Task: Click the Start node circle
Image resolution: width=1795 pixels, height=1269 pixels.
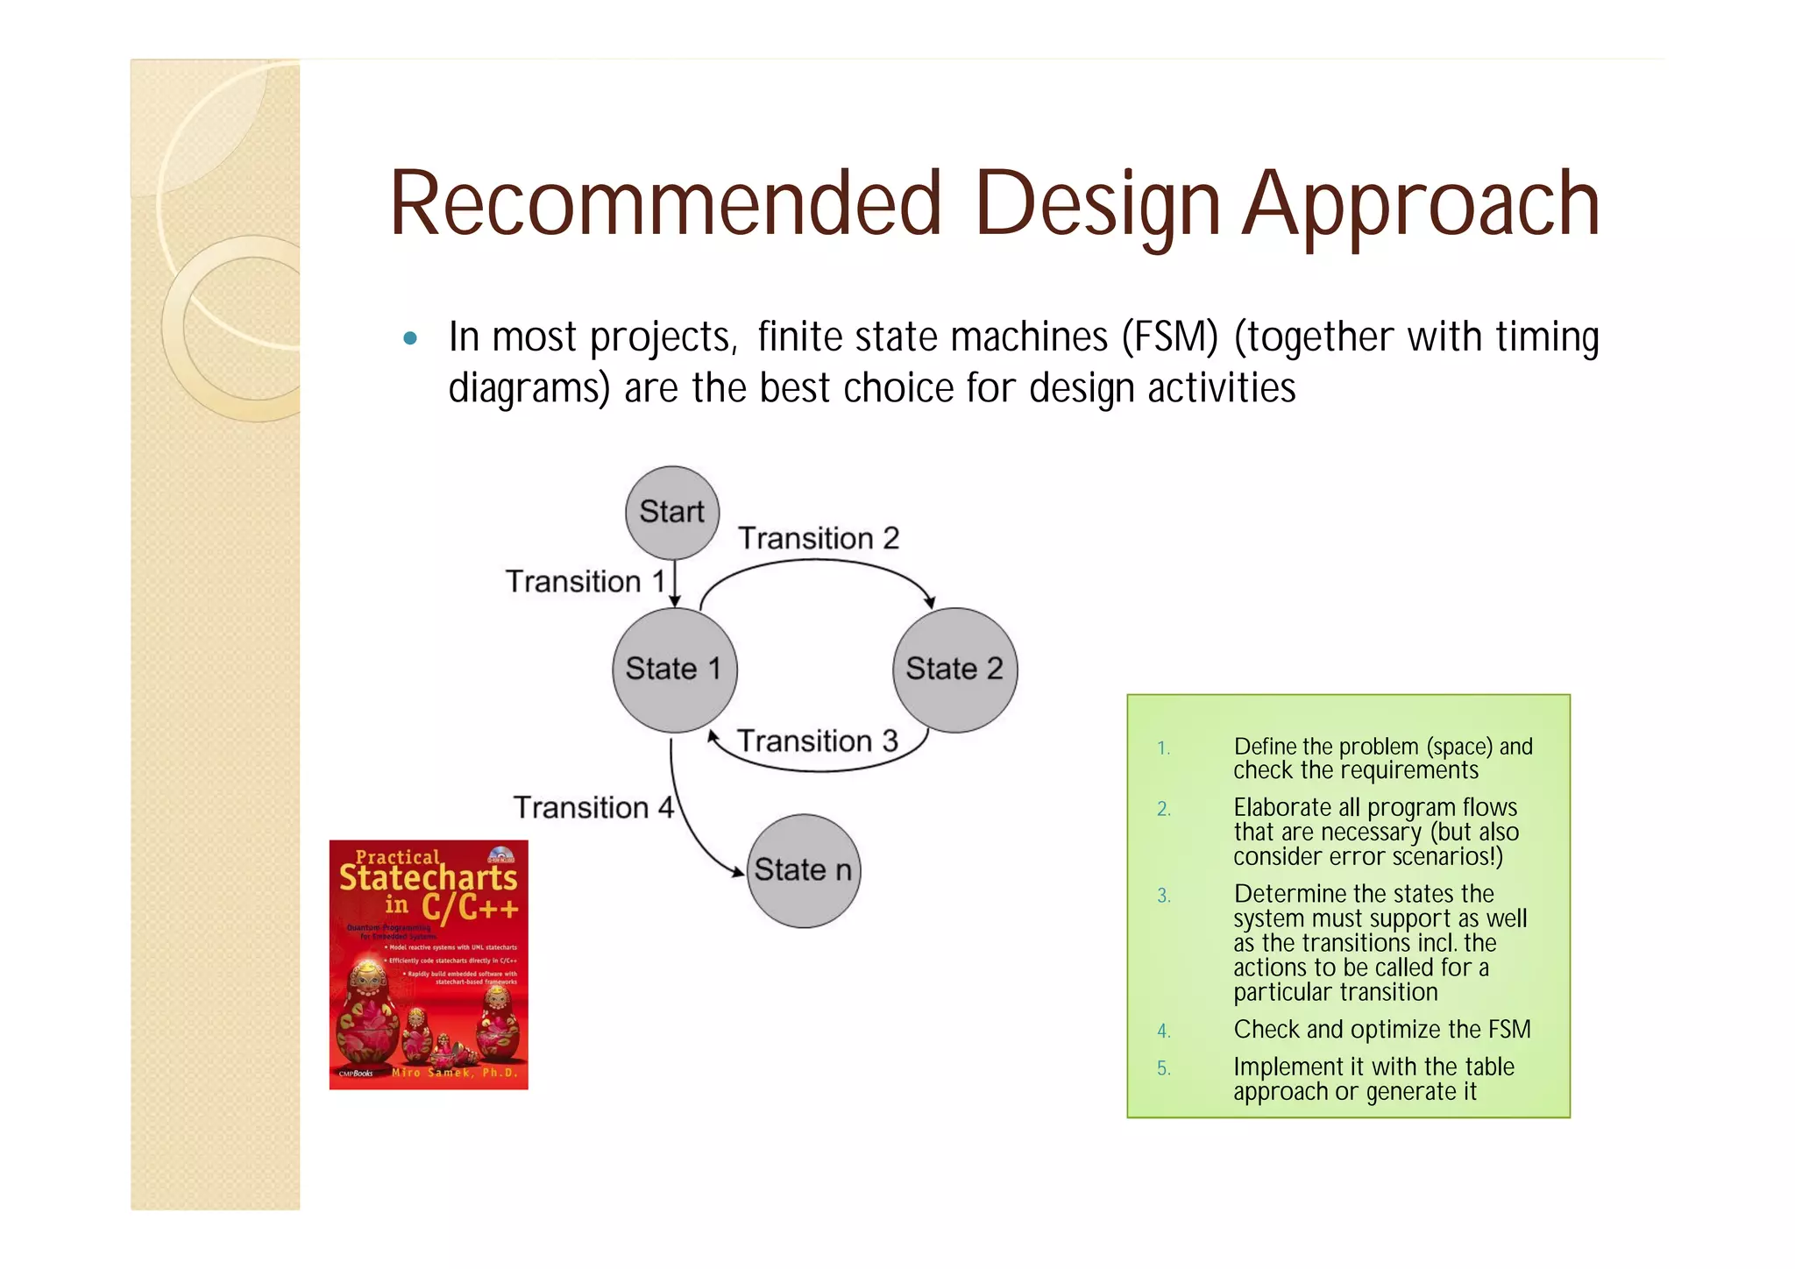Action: [672, 513]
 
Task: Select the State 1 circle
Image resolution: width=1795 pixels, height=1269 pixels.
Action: [674, 670]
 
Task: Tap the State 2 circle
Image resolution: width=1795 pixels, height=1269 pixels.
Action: [954, 670]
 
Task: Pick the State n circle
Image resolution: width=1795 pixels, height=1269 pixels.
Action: [803, 871]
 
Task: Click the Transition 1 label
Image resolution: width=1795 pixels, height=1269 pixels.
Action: [585, 582]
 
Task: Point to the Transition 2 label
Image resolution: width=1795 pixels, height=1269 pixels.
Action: [819, 538]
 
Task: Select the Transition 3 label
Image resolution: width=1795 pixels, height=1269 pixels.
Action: [817, 741]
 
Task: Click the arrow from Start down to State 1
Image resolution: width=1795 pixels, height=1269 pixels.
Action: [675, 584]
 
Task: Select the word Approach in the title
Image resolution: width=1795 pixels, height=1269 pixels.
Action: [1421, 205]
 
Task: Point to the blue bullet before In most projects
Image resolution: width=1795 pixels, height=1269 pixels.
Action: [410, 339]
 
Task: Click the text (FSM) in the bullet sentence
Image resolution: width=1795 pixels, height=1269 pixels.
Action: [1170, 337]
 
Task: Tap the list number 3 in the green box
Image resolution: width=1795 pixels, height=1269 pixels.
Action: [1163, 896]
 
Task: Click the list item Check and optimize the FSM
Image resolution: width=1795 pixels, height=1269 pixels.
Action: [1381, 1030]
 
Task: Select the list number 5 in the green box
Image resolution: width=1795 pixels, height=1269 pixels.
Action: [1163, 1068]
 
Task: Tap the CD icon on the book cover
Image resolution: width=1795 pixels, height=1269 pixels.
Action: [500, 855]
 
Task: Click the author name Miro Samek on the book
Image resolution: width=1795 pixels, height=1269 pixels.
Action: [454, 1073]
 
